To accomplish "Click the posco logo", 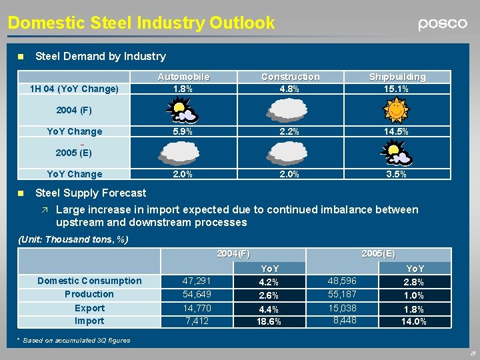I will point(443,24).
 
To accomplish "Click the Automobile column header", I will point(183,77).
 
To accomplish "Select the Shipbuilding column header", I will point(397,77).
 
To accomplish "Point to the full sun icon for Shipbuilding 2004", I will point(395,109).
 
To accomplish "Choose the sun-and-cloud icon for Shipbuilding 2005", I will point(395,153).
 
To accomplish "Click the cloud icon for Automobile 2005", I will point(182,153).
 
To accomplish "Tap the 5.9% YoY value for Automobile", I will point(182,131).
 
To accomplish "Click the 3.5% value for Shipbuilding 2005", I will point(397,174).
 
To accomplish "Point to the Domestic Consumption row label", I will point(89,281).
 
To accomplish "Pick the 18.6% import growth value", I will point(269,321).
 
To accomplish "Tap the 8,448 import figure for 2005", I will point(345,321).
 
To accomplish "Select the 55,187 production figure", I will point(342,294).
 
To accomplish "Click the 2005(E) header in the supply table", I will point(378,253).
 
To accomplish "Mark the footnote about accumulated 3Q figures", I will point(73,341).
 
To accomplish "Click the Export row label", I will point(89,308).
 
